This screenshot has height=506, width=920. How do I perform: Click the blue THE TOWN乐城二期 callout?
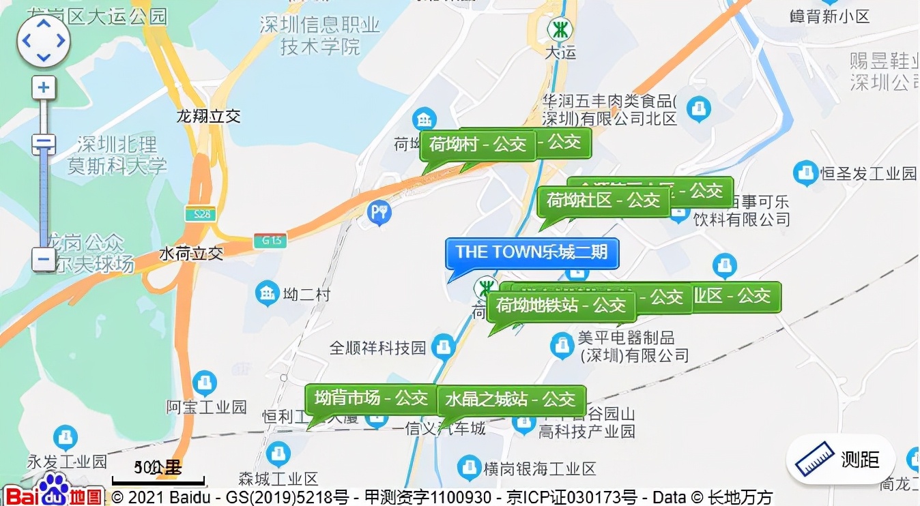[532, 253]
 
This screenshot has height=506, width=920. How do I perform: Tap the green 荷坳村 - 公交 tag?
[478, 145]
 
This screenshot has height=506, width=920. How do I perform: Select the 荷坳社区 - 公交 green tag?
[603, 201]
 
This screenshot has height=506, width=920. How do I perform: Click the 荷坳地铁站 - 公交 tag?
[561, 306]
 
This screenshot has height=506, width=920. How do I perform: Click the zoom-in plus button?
[44, 88]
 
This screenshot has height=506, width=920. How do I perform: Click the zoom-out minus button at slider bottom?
[44, 259]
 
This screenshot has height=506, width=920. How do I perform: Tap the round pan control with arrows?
[44, 41]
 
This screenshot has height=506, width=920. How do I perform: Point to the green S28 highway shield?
[200, 214]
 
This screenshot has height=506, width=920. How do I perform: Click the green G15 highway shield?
[270, 241]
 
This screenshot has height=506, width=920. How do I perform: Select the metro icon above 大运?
[560, 29]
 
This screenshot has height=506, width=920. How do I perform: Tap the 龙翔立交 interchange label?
[209, 117]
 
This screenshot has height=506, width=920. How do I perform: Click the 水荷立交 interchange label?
[191, 254]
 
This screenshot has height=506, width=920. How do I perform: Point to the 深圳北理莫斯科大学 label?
[117, 155]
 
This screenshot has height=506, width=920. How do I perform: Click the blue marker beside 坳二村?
[267, 294]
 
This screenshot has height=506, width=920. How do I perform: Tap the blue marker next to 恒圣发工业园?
[806, 173]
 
